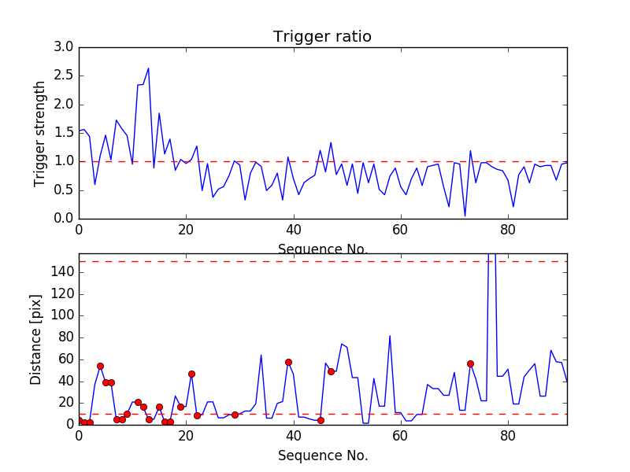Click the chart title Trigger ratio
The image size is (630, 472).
[x=322, y=37]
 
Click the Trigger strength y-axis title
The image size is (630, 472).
[x=40, y=132]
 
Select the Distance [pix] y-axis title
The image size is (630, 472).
[x=36, y=339]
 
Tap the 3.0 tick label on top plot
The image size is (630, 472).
[x=64, y=47]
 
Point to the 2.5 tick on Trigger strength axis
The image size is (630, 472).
[x=64, y=76]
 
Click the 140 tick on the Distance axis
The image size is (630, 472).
[x=61, y=272]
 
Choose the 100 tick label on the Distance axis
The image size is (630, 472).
[x=61, y=315]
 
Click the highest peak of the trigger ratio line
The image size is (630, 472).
[x=148, y=68]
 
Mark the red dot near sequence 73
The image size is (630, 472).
[x=470, y=363]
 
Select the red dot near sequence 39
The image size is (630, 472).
[x=288, y=362]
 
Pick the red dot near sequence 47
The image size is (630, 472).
[x=331, y=371]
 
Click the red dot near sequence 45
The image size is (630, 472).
[x=321, y=420]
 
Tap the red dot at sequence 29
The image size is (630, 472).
[x=235, y=415]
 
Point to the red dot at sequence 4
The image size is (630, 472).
[x=100, y=366]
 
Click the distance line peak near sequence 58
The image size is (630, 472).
[x=390, y=336]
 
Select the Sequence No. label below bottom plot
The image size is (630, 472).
[x=322, y=455]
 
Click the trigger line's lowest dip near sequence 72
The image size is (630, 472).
[x=465, y=216]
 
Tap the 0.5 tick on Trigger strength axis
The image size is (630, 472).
[x=64, y=190]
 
